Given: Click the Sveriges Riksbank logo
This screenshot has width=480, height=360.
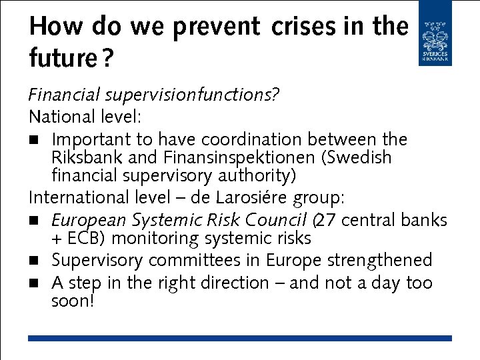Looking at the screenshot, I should (435, 33).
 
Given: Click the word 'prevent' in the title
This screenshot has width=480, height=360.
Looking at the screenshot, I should (215, 27).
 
